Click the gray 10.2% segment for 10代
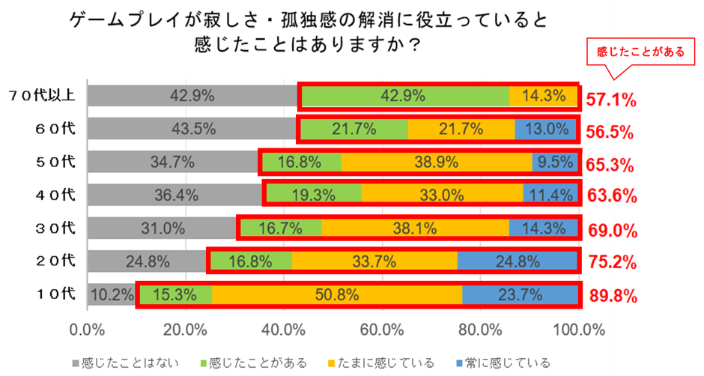coord(112,294)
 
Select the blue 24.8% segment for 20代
coord(517,261)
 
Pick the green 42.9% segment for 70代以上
coord(404,96)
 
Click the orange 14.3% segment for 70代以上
coord(543,96)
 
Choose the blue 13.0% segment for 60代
coord(546,129)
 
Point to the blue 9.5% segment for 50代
coord(554,161)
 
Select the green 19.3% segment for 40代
coord(314,195)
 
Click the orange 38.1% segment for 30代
coord(415,228)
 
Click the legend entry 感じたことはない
coord(130,363)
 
